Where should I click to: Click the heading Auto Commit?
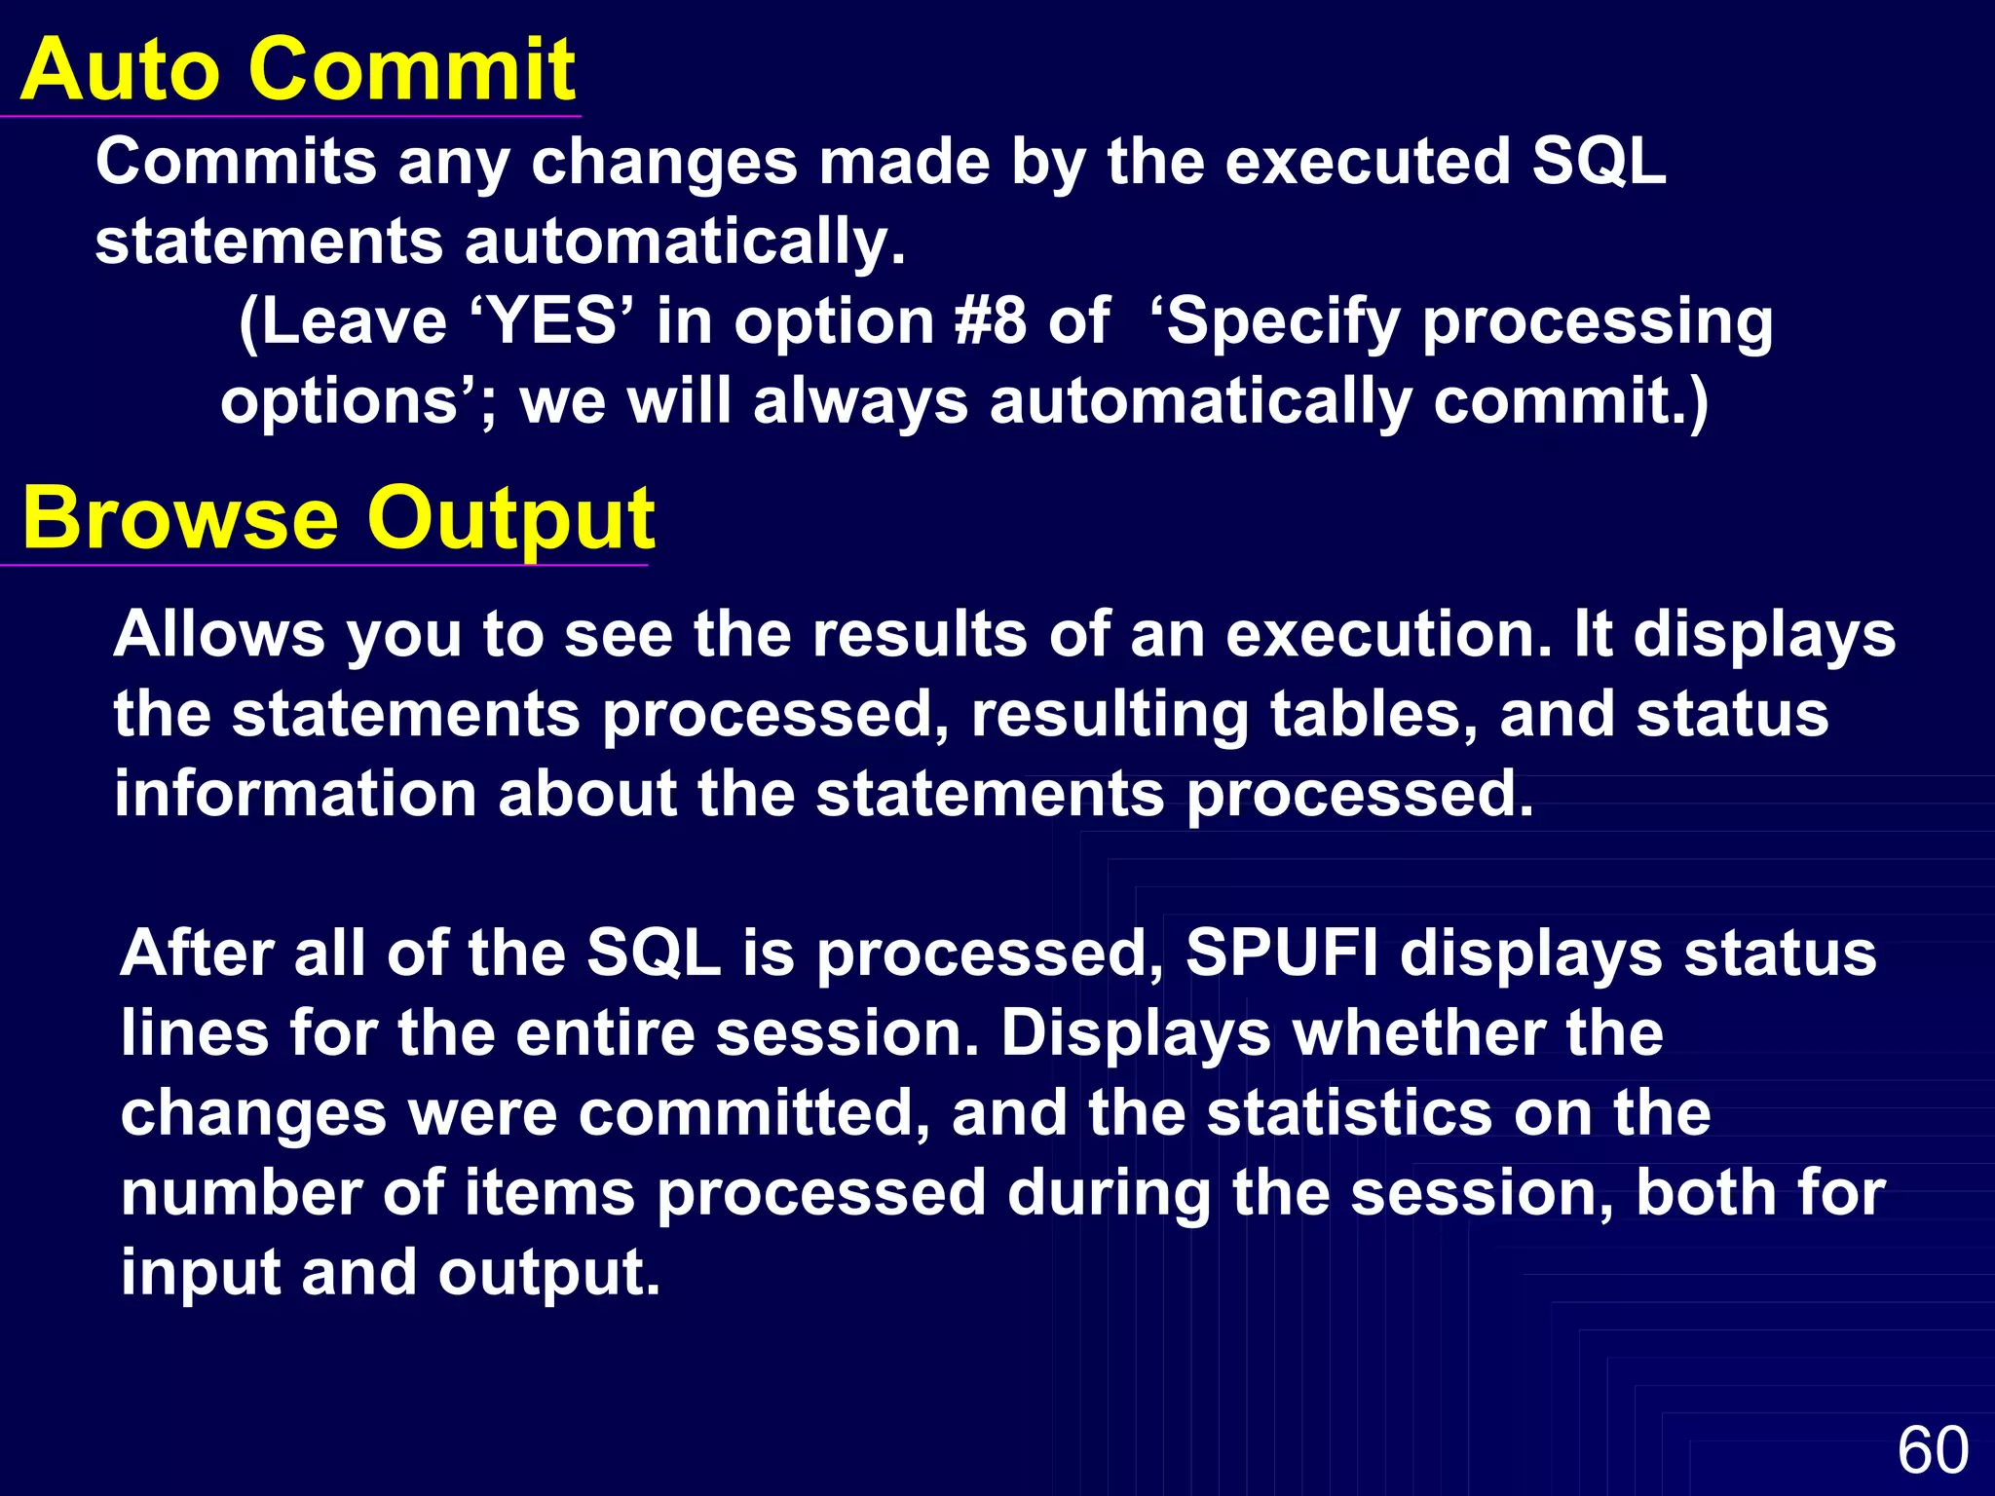click(x=297, y=70)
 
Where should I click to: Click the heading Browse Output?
click(x=337, y=518)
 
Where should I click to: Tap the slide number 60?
click(x=1933, y=1450)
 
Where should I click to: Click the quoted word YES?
click(x=552, y=321)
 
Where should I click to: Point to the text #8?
click(x=990, y=321)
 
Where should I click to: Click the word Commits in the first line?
click(x=236, y=162)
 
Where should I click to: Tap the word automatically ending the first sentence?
click(x=685, y=242)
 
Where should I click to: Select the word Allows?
click(x=219, y=635)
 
